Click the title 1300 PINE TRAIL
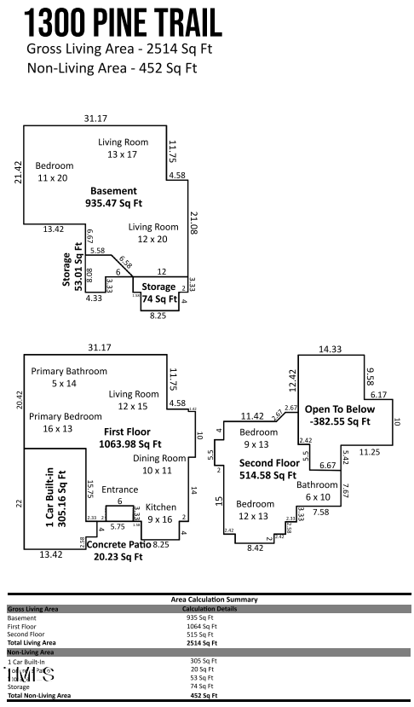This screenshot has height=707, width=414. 124,22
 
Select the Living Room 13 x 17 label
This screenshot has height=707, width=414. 123,148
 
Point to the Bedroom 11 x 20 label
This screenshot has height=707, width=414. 55,171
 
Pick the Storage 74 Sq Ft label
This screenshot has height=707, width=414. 158,293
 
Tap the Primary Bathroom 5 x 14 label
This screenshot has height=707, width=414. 69,377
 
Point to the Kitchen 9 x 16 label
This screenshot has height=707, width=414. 161,513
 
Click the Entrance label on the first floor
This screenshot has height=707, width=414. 119,490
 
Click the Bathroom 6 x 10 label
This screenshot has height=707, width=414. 317,490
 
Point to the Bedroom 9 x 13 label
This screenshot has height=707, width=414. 258,438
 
